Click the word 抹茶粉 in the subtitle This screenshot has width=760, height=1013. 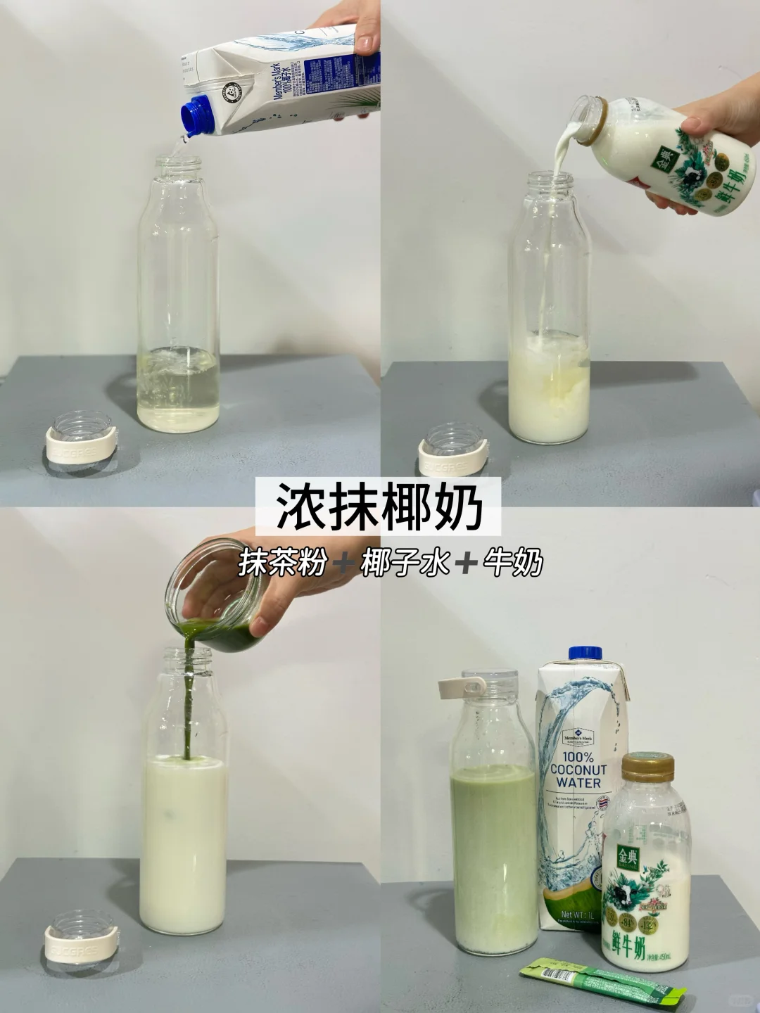coord(282,563)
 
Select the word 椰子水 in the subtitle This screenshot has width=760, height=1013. coord(405,563)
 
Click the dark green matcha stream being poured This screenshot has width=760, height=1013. coord(189,711)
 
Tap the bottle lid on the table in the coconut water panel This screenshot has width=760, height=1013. coord(82,443)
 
